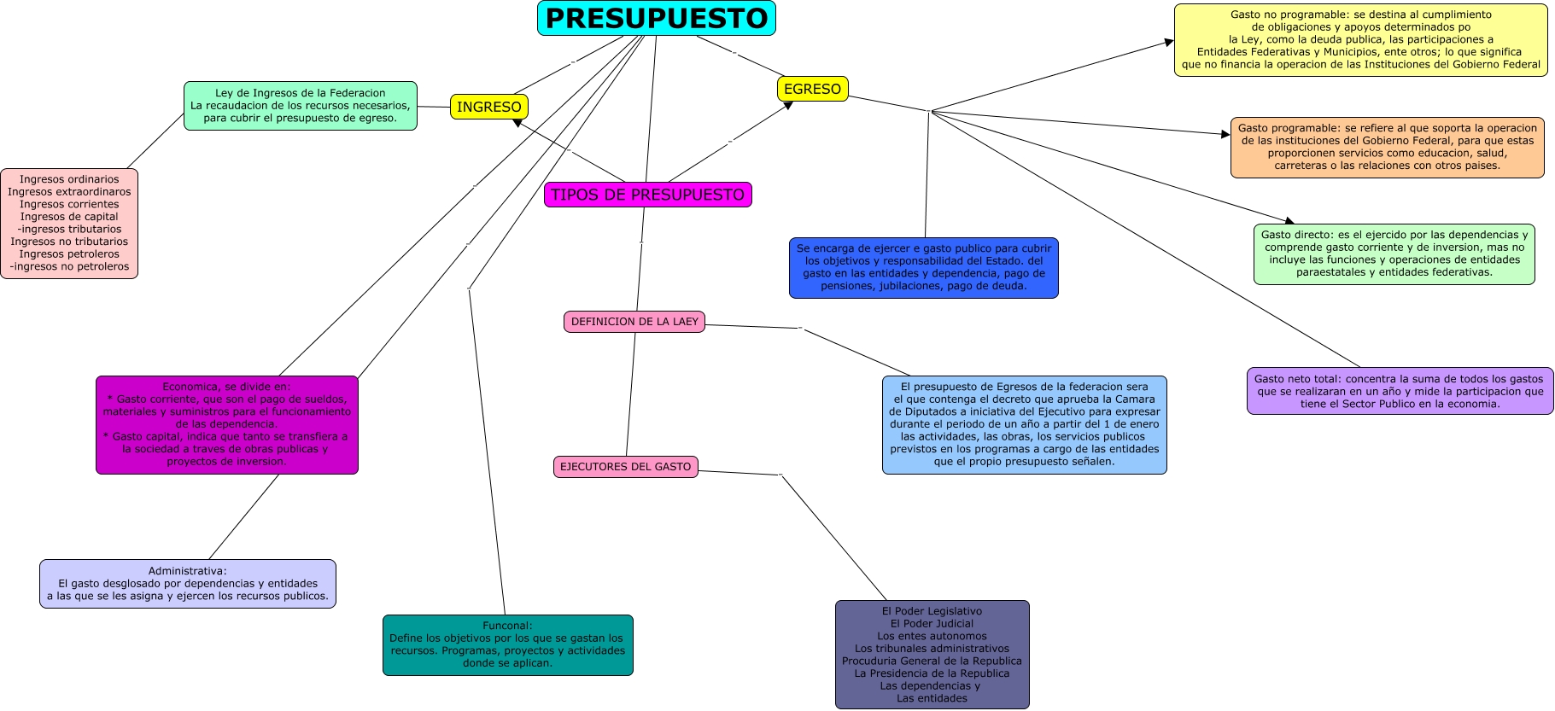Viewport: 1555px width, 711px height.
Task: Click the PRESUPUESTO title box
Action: [x=656, y=18]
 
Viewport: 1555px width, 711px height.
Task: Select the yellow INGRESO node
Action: [x=488, y=107]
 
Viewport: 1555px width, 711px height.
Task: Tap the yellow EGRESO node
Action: [x=812, y=89]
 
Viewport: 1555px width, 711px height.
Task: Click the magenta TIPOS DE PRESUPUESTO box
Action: [x=647, y=195]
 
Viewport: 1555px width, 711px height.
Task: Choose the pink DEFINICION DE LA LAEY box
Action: [x=634, y=322]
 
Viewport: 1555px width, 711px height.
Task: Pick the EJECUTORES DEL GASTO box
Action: [x=625, y=467]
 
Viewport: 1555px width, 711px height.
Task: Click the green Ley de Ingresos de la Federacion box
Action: [x=300, y=106]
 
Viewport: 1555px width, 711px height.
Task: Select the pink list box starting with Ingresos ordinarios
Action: [x=69, y=223]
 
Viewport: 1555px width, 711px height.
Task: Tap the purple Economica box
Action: [x=226, y=424]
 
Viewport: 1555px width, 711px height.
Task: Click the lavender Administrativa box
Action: [x=187, y=584]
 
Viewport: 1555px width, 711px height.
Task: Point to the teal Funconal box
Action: [x=507, y=644]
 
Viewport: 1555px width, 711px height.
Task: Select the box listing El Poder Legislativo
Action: [x=932, y=655]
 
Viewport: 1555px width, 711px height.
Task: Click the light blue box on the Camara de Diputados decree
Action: [x=1024, y=424]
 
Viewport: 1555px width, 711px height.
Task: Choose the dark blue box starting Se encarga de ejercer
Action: [x=923, y=268]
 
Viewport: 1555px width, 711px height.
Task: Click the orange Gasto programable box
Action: [x=1387, y=148]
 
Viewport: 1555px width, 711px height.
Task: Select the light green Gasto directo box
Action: [x=1394, y=254]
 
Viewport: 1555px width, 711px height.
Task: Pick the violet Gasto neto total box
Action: [x=1399, y=391]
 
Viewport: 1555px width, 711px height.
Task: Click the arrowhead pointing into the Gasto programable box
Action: [x=1225, y=134]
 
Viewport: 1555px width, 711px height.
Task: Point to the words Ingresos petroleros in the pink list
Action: [x=69, y=254]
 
